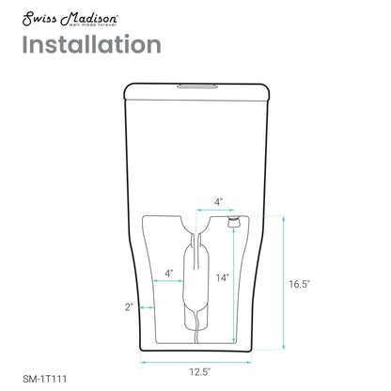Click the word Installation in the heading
[x=90, y=44]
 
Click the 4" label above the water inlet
[x=218, y=201]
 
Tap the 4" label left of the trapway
[x=169, y=274]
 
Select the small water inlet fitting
[x=231, y=221]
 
